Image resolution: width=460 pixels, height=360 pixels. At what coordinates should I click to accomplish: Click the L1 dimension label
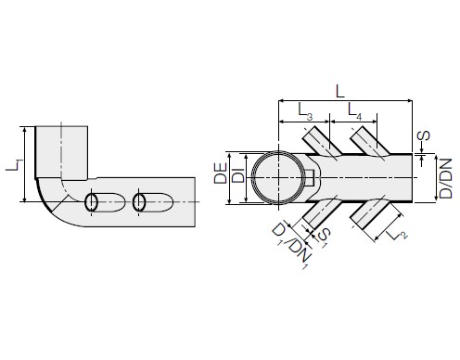tap(14, 165)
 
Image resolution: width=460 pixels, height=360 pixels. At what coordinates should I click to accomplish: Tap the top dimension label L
tap(340, 92)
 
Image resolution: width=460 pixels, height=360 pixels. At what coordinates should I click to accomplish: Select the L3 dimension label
tap(305, 111)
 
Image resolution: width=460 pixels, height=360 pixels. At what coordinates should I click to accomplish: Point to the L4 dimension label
tap(354, 111)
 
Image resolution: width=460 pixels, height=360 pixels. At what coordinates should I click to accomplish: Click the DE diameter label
tap(221, 174)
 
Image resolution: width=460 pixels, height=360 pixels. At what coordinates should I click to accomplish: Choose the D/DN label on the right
tap(446, 178)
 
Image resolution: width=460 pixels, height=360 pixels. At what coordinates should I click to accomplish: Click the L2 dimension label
tap(398, 233)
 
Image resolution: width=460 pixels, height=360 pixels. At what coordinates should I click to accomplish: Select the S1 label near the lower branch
tap(324, 238)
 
